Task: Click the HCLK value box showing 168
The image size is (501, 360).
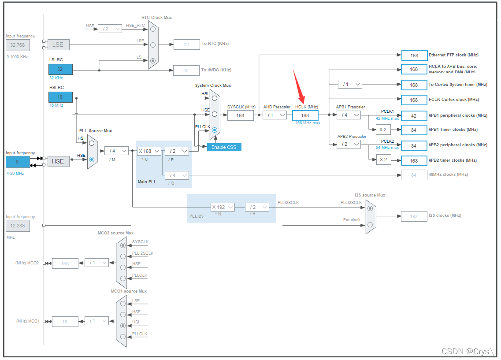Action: pos(305,115)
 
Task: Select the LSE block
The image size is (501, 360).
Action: pos(58,45)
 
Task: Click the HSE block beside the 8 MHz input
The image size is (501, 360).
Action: pos(58,161)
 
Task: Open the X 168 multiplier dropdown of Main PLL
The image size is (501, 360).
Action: pos(149,151)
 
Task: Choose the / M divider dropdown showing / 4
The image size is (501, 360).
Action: pos(116,151)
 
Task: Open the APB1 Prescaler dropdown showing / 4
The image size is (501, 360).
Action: pos(349,115)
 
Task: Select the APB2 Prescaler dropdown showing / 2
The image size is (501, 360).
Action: pos(349,144)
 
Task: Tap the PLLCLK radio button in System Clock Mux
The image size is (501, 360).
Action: pos(214,130)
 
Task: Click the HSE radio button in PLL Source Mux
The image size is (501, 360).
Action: pos(92,160)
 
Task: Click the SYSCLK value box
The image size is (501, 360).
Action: pos(241,115)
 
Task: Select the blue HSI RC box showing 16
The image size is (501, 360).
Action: pos(60,97)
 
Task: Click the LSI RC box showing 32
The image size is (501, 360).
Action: pos(60,69)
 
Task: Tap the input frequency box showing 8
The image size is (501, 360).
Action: pos(18,162)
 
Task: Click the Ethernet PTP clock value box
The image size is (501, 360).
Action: pos(414,56)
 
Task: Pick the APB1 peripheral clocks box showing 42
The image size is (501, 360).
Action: pos(414,115)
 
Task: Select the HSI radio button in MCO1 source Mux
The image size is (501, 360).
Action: pos(122,326)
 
